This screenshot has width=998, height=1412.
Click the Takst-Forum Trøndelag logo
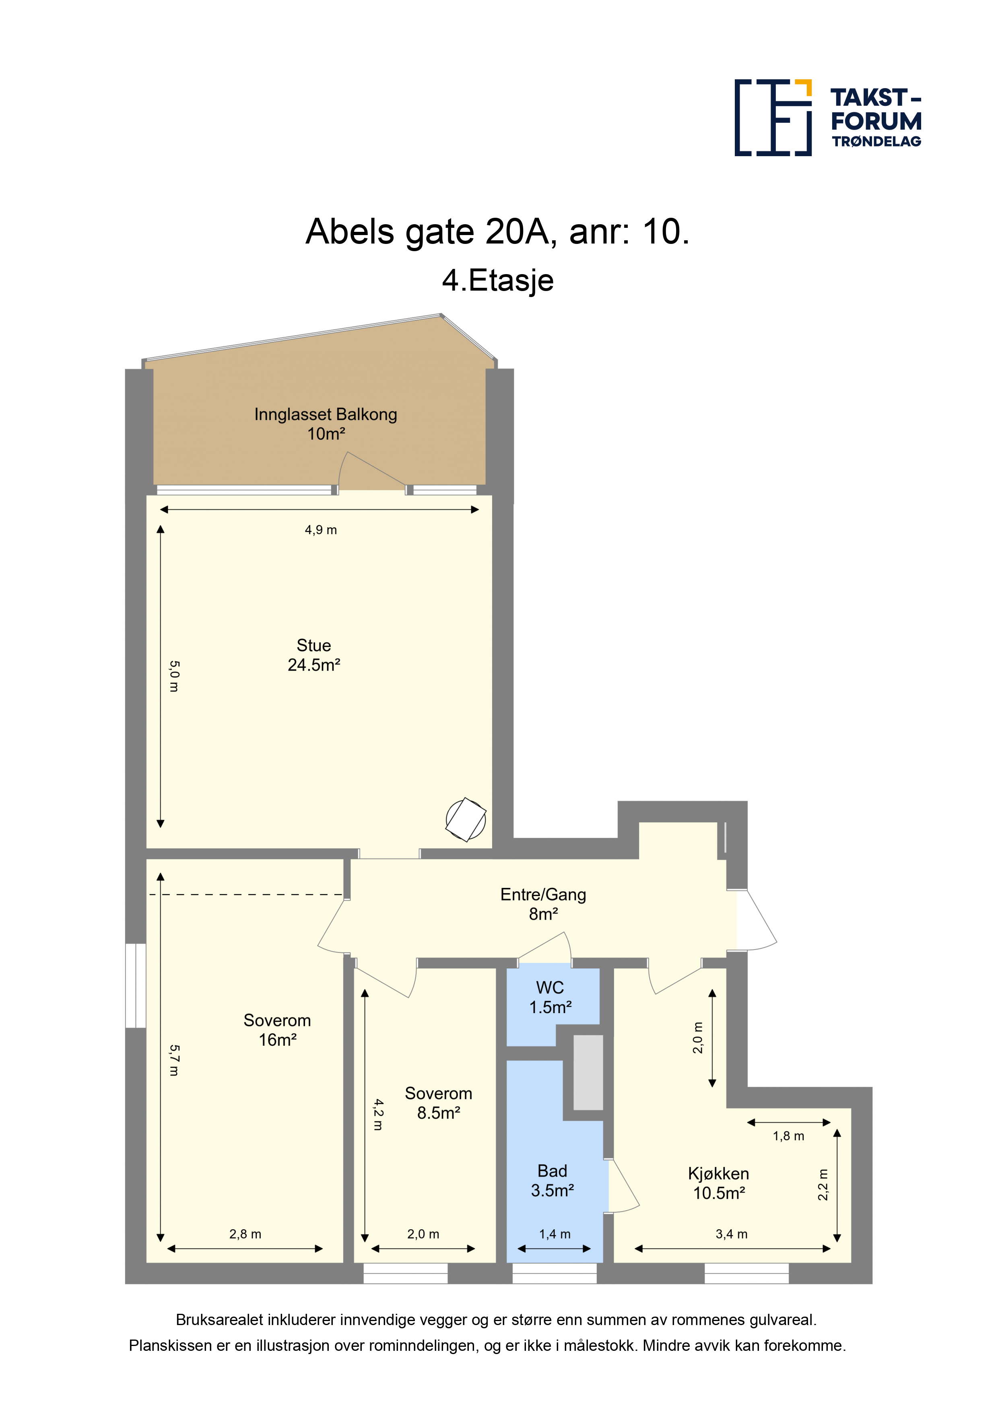(x=828, y=117)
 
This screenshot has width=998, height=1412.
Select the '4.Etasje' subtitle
(x=498, y=281)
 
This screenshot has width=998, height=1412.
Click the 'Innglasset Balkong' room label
(x=326, y=415)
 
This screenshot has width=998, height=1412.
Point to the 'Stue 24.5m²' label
(x=314, y=655)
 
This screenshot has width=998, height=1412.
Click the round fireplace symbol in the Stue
(x=466, y=820)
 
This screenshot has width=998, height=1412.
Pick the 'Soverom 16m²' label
(x=277, y=1030)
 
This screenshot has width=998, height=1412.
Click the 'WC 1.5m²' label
(x=551, y=997)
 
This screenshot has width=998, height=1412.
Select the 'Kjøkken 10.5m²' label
(x=719, y=1183)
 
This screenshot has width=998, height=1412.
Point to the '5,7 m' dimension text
(x=175, y=1061)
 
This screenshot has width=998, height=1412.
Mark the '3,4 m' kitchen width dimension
(x=732, y=1234)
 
